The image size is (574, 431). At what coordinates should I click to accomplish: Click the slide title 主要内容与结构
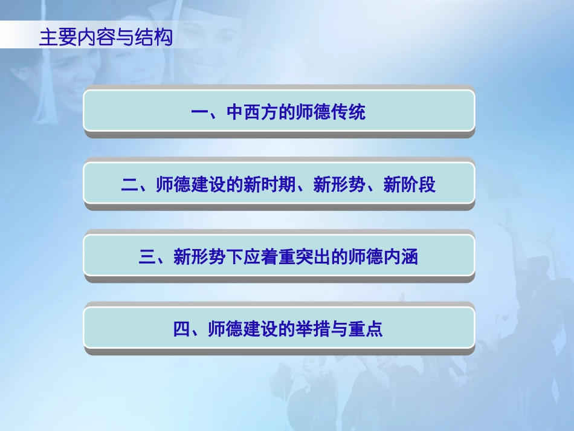click(105, 37)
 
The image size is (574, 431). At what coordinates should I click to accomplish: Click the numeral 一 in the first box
click(199, 112)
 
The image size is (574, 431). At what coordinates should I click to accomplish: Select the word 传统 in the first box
click(349, 112)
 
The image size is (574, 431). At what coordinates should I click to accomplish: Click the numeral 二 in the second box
click(129, 185)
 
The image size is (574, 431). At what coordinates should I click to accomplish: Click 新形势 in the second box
click(340, 185)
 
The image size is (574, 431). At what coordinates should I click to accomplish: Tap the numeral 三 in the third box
click(147, 258)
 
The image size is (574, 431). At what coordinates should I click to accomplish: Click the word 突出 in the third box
click(314, 258)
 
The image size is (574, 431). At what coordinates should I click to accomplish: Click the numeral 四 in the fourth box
click(182, 330)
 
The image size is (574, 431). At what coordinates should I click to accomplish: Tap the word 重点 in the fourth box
click(366, 330)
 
